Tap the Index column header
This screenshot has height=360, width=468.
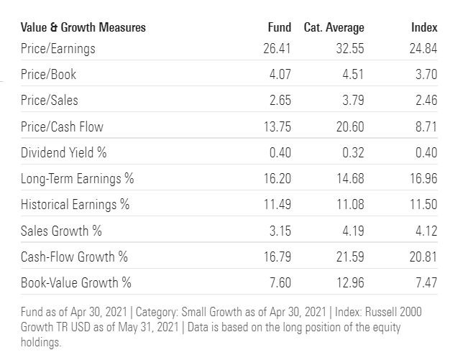coord(424,27)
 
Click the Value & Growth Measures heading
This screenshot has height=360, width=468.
coord(83,27)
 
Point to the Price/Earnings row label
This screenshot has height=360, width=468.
coord(58,49)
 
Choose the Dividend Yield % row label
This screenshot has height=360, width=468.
coord(63,152)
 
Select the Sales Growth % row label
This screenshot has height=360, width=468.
coord(62,230)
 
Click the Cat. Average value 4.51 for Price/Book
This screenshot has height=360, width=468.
coord(352,75)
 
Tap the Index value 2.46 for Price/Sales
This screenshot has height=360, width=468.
coord(426,101)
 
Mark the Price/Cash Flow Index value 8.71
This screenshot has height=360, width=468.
coord(426,126)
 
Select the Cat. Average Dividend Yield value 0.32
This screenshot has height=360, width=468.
coord(352,152)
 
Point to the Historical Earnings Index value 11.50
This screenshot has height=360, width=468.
coord(423,204)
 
